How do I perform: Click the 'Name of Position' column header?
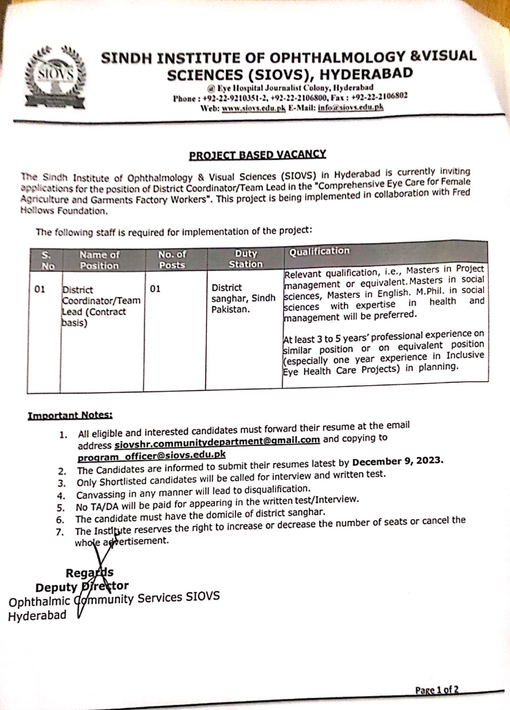(99, 258)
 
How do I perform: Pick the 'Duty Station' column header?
(245, 258)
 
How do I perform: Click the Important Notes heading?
(70, 415)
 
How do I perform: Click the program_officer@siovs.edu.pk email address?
(152, 455)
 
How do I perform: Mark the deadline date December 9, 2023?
(398, 460)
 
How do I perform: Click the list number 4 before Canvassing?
(61, 495)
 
